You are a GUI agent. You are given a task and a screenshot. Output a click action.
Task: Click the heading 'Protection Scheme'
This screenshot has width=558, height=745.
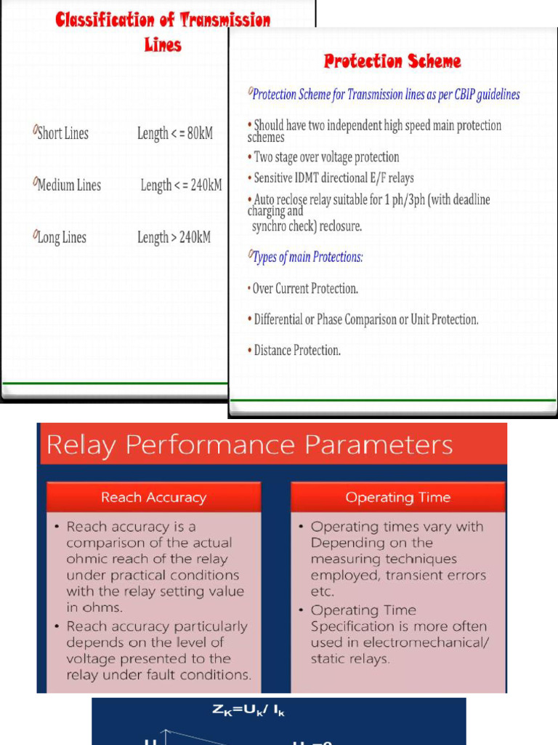[x=392, y=61]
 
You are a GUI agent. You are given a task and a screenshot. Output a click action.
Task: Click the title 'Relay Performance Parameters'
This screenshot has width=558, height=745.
[x=249, y=445]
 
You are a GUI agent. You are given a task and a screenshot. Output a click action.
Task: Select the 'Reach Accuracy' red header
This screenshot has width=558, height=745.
[x=153, y=498]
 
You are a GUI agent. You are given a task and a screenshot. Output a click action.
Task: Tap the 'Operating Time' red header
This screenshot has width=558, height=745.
[x=397, y=498]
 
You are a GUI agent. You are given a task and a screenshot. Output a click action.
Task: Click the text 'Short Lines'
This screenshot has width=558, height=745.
[x=62, y=133]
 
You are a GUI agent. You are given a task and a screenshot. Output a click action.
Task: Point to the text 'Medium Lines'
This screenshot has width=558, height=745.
[x=68, y=185]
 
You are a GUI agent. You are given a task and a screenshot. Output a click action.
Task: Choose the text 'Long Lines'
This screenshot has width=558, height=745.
[x=61, y=237]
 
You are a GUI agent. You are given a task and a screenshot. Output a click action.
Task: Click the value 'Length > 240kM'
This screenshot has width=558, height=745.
[x=174, y=237]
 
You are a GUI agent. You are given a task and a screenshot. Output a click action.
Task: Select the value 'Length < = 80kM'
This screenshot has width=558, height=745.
[x=174, y=133]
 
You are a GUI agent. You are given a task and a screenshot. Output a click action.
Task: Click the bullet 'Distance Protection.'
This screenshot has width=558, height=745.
[x=296, y=351]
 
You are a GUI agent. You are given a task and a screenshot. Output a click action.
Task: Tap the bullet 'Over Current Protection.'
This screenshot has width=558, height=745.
[x=304, y=289]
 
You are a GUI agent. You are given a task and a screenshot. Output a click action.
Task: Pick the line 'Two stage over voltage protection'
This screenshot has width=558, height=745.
[x=325, y=157]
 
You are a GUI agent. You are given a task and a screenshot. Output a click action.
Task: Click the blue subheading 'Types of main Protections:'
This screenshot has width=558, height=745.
[x=307, y=257]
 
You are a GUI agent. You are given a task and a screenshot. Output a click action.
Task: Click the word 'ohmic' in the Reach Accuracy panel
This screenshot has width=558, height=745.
[x=85, y=559]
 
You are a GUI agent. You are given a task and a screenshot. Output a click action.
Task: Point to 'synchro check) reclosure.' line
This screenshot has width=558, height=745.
[x=307, y=226]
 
